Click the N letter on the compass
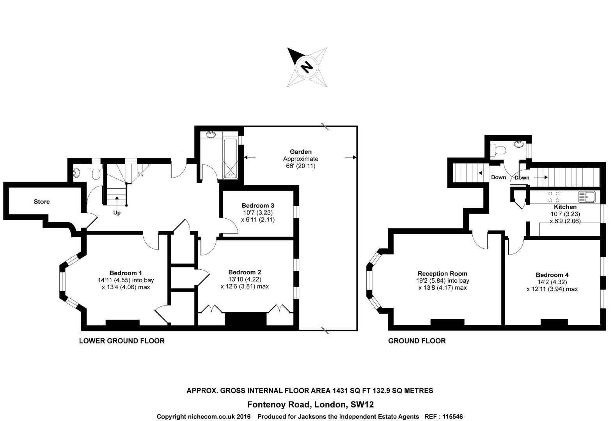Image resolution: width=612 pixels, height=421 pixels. [x=307, y=67]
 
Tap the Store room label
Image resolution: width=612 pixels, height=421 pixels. [x=42, y=202]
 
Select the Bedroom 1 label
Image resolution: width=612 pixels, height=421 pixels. [x=126, y=273]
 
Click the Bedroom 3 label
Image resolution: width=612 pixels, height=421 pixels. [x=258, y=205]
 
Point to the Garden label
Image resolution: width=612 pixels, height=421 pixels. [x=300, y=152]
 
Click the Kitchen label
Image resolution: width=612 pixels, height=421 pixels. [x=565, y=207]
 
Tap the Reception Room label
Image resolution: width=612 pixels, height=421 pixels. [x=442, y=274]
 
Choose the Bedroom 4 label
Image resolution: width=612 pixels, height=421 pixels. [x=552, y=275]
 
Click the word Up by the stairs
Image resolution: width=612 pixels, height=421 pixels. [x=117, y=213]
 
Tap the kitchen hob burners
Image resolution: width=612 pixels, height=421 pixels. [x=554, y=197]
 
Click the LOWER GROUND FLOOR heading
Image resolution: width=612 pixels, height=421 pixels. [x=122, y=341]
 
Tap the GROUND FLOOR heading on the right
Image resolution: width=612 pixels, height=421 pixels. [x=417, y=341]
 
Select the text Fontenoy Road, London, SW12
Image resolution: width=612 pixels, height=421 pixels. [x=310, y=405]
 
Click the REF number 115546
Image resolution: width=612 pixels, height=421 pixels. [x=452, y=417]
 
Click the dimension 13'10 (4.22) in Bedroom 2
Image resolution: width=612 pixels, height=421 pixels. [x=245, y=279]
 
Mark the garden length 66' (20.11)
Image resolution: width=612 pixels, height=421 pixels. [x=300, y=166]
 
